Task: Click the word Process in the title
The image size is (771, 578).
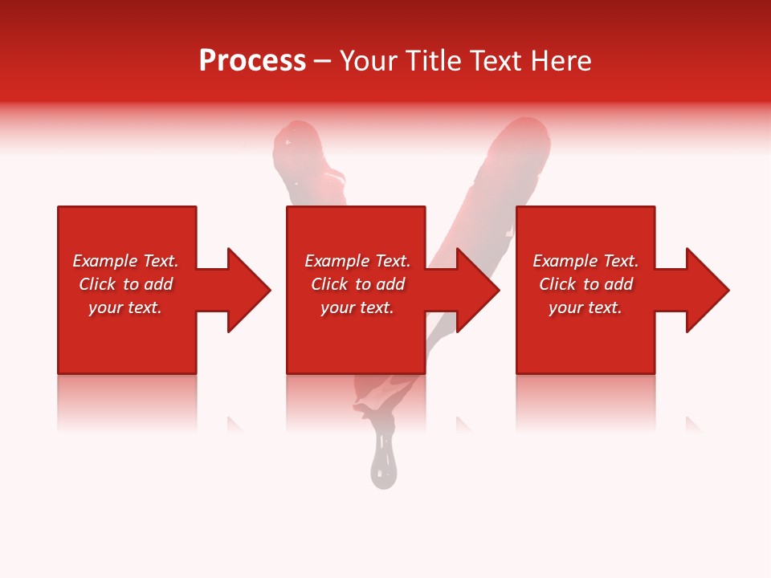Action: point(252,61)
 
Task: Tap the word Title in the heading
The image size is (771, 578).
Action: point(435,61)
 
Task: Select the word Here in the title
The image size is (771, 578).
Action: point(561,61)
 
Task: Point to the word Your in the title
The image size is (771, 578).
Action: point(369,61)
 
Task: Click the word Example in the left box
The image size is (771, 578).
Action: point(105,261)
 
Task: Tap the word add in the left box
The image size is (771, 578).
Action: point(158,284)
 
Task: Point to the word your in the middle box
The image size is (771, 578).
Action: point(337,308)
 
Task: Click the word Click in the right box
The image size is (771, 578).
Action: point(557,284)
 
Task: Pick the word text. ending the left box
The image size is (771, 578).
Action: point(145,308)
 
